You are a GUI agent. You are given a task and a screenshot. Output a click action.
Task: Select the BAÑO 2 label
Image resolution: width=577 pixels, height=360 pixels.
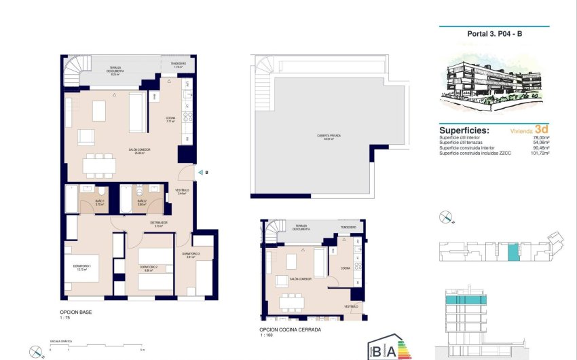pyautogui.click(x=142, y=202)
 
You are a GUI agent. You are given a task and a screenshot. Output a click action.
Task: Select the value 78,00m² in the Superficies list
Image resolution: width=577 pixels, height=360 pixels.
pyautogui.click(x=540, y=138)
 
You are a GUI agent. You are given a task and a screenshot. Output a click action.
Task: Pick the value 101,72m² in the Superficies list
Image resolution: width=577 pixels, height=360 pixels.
pyautogui.click(x=539, y=153)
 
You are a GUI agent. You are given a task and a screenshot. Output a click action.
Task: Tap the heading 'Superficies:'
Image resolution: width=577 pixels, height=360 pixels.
pyautogui.click(x=464, y=130)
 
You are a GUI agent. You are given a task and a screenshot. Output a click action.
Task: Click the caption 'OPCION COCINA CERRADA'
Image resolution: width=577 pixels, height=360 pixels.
pyautogui.click(x=291, y=329)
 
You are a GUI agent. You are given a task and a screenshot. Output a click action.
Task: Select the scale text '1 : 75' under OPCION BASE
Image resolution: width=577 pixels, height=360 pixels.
pyautogui.click(x=65, y=318)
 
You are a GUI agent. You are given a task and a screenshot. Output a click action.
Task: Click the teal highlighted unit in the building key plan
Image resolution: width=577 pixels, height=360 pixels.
pyautogui.click(x=513, y=252)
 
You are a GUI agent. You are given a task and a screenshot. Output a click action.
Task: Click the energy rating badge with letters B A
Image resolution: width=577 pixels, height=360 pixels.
pyautogui.click(x=389, y=347)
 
